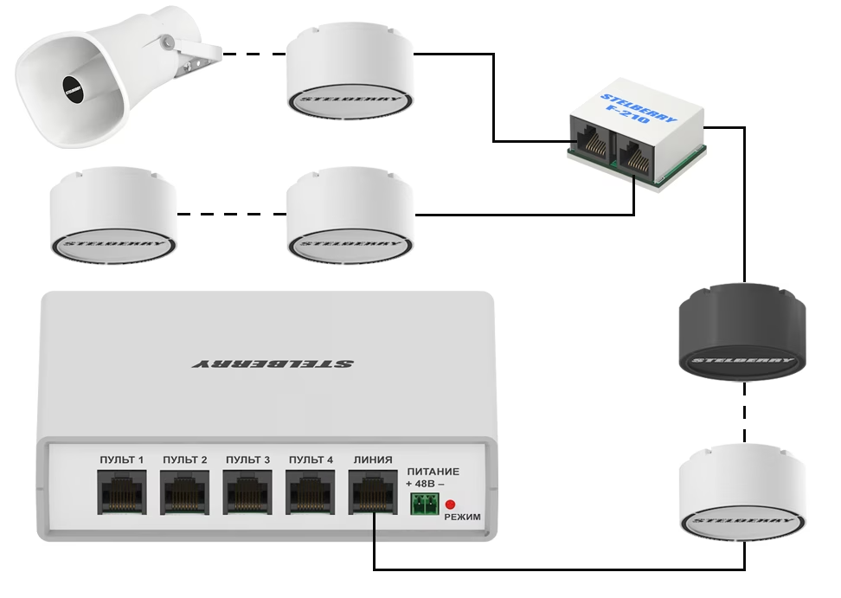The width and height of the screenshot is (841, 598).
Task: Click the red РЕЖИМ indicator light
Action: [450, 505]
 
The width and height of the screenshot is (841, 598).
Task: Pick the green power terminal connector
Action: [424, 505]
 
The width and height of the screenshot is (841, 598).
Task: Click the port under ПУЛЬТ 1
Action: [122, 494]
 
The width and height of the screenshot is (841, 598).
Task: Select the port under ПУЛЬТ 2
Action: [184, 494]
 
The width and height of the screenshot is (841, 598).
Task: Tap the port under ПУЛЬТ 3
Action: [247, 494]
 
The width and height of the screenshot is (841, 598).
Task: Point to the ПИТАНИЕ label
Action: [433, 472]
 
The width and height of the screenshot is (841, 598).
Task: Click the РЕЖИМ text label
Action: [462, 517]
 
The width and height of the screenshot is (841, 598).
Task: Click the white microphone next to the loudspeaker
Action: [349, 74]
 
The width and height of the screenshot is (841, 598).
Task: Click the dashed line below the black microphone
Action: [744, 411]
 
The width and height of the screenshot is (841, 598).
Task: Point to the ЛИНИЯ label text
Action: [373, 460]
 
